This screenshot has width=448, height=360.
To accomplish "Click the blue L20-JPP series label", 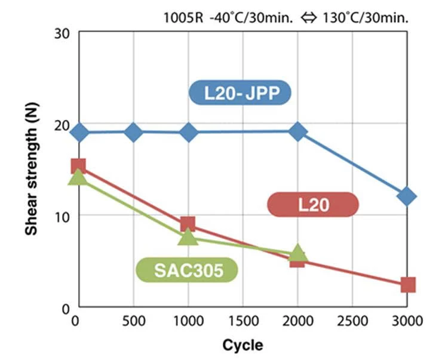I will tap(239, 93).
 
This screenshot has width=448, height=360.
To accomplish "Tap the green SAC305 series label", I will tap(188, 270).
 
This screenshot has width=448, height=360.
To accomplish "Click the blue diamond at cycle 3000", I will tap(407, 196).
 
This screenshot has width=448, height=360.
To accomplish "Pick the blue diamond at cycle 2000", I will tap(297, 132).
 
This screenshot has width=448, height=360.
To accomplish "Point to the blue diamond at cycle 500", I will tap(134, 132).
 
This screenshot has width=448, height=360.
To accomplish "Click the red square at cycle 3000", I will tap(407, 284).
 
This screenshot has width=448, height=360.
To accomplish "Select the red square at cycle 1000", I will tap(188, 224).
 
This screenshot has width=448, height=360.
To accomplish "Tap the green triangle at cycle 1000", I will tap(188, 237).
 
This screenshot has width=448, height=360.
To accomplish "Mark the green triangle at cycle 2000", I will tap(297, 253).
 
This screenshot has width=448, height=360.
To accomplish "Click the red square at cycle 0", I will tap(78, 166).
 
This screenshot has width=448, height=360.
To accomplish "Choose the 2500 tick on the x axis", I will tap(352, 321).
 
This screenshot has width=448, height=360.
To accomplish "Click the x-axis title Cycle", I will tap(242, 345).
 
